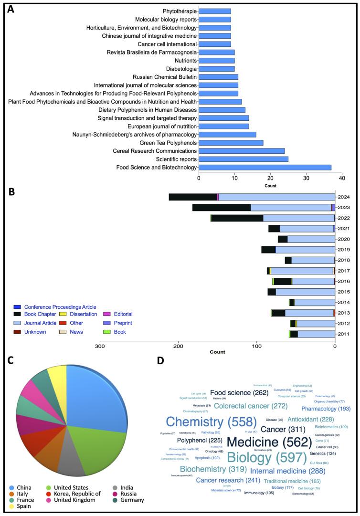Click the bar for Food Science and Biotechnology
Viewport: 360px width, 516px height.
tap(265, 167)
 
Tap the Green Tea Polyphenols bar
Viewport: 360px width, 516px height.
tap(231, 142)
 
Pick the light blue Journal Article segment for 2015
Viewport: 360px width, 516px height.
tap(305, 292)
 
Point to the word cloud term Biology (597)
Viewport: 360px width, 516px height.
tap(266, 457)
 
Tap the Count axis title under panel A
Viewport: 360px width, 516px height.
tap(270, 186)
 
